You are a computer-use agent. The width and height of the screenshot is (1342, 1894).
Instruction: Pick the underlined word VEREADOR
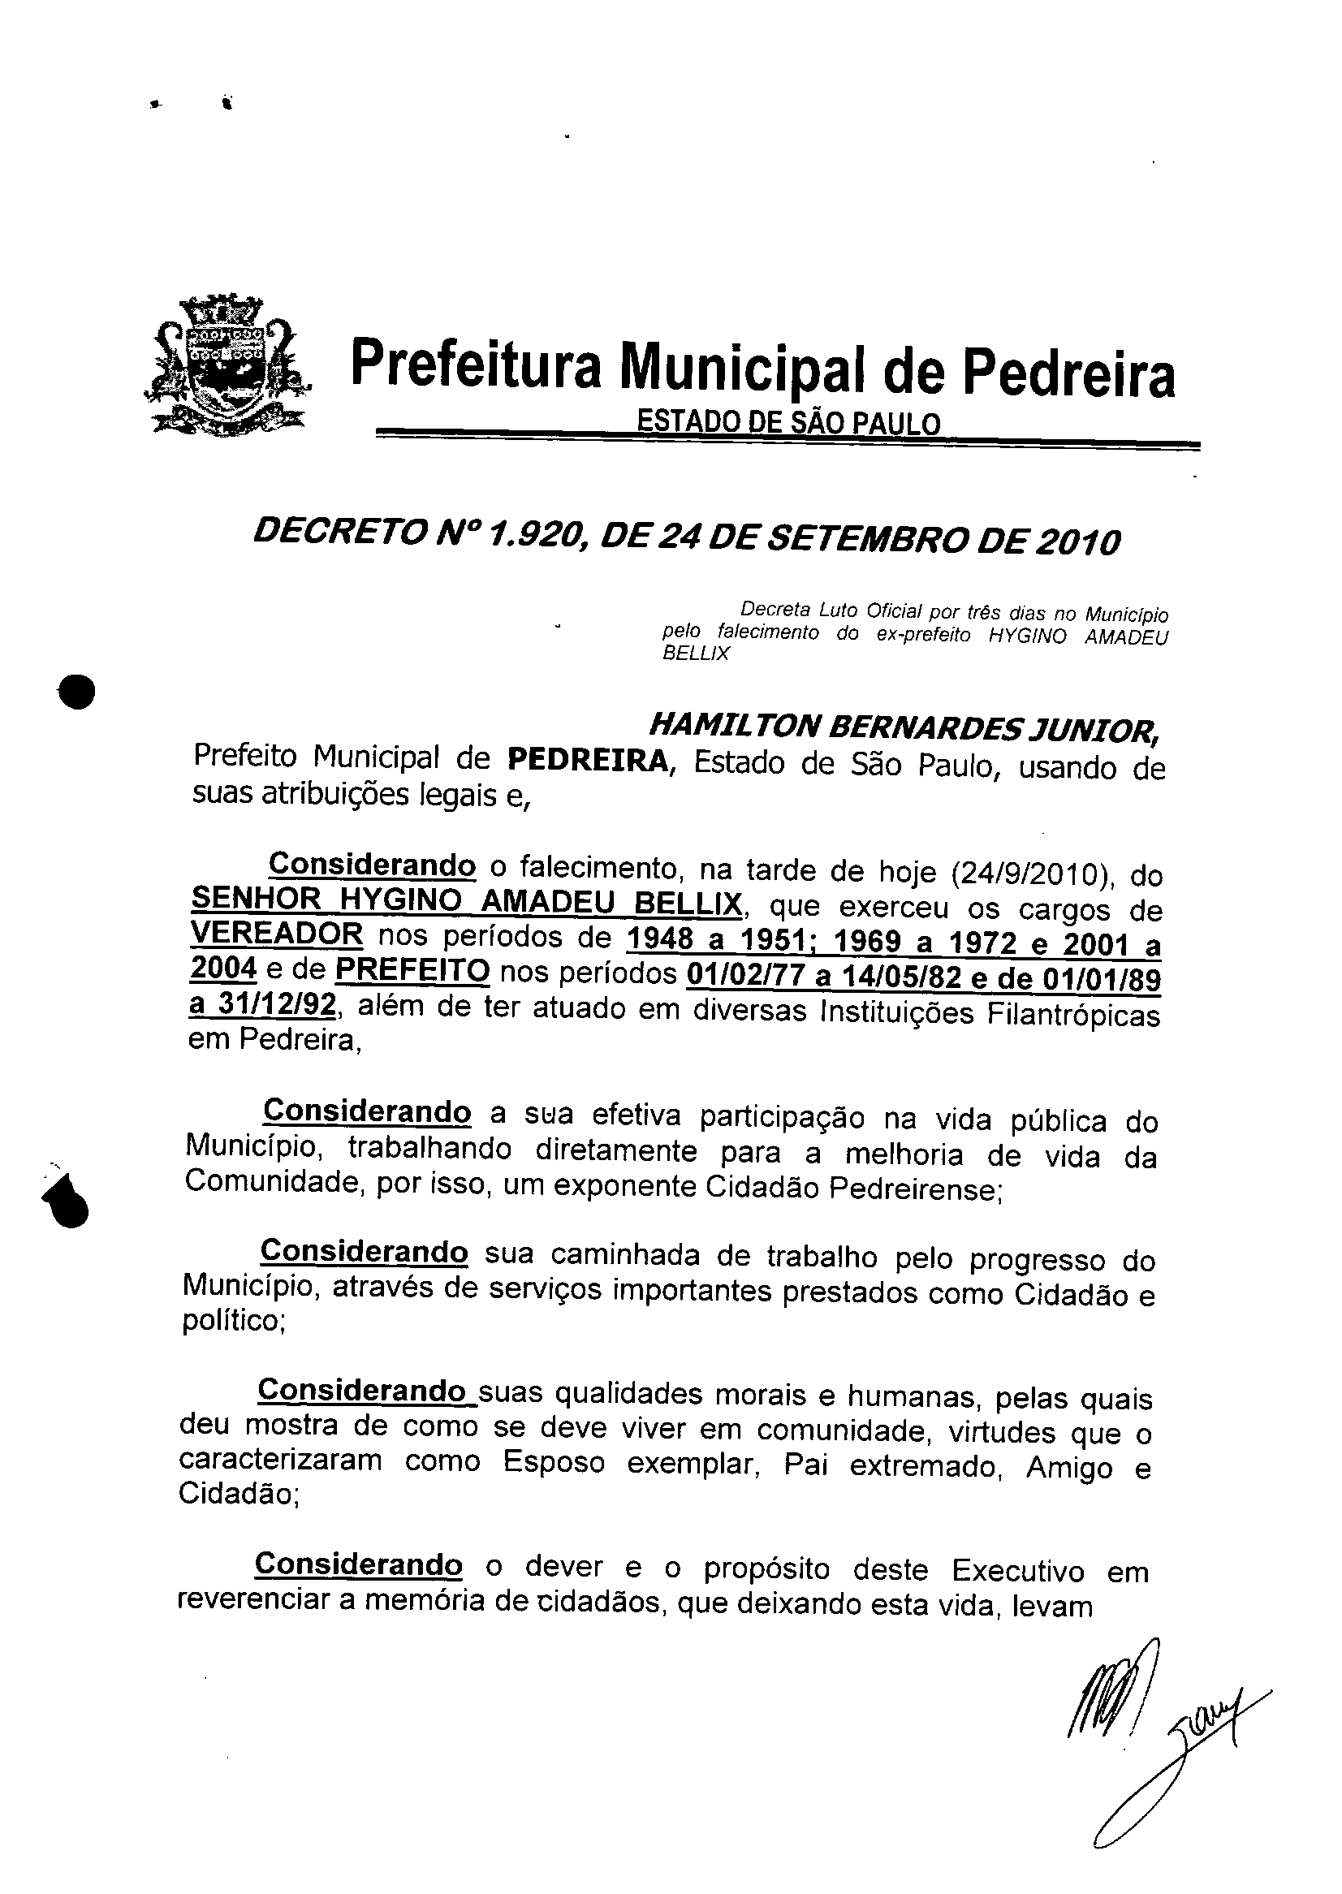[x=276, y=934]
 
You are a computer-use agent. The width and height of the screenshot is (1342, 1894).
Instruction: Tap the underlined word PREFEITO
[x=412, y=970]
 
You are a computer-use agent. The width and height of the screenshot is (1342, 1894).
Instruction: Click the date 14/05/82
[x=900, y=977]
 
